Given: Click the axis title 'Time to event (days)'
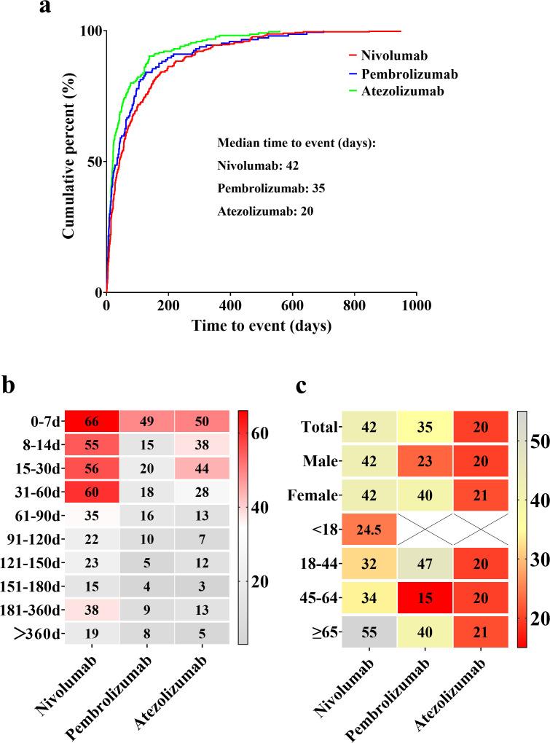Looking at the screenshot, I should tap(262, 327).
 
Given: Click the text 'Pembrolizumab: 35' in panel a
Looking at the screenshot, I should tap(270, 189).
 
